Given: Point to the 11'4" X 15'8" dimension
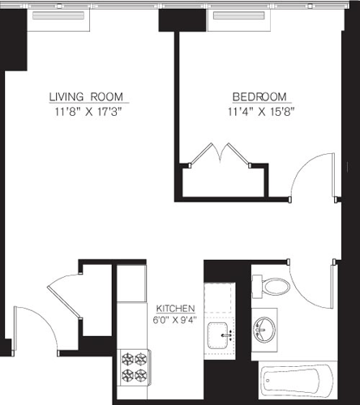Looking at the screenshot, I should pos(259,111).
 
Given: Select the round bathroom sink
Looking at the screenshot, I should pos(264,330).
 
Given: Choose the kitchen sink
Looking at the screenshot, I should pos(219,333).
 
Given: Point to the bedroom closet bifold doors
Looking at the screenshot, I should pos(223,154).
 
